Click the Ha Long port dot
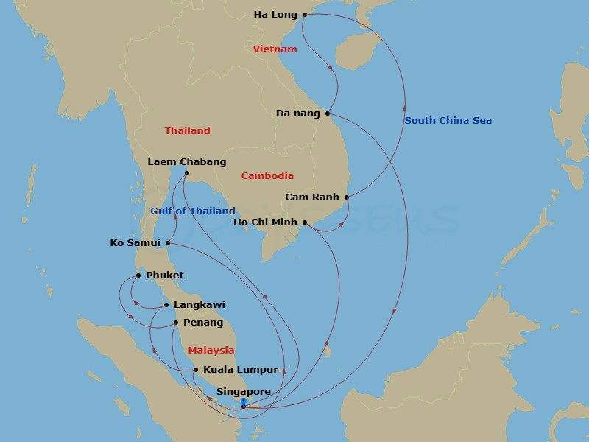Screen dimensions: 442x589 pyautogui.click(x=305, y=14)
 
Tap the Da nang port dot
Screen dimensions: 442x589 pyautogui.click(x=328, y=113)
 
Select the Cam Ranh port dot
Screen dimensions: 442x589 pyautogui.click(x=347, y=197)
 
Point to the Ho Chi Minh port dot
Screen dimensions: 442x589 pyautogui.click(x=305, y=222)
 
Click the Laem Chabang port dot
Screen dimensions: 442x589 pyautogui.click(x=187, y=174)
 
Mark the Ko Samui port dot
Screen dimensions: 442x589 pyautogui.click(x=169, y=242)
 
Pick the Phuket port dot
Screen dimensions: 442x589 pyautogui.click(x=138, y=276)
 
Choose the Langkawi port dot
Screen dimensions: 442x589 pyautogui.click(x=166, y=305)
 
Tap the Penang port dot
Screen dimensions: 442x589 pyautogui.click(x=176, y=323)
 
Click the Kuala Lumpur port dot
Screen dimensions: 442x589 pyautogui.click(x=196, y=370)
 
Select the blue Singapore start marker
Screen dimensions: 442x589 pyautogui.click(x=243, y=402)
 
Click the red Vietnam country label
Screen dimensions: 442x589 pyautogui.click(x=275, y=49)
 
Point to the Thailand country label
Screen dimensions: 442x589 pyautogui.click(x=187, y=131)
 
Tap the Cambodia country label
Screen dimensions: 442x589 pyautogui.click(x=267, y=176)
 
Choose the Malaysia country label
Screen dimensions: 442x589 pyautogui.click(x=211, y=351)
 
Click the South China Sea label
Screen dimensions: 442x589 pyautogui.click(x=448, y=121)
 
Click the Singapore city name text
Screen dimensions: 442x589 pyautogui.click(x=244, y=392)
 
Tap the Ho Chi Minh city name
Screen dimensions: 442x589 pyautogui.click(x=265, y=222)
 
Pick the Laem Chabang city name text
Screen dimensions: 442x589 pyautogui.click(x=187, y=162)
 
